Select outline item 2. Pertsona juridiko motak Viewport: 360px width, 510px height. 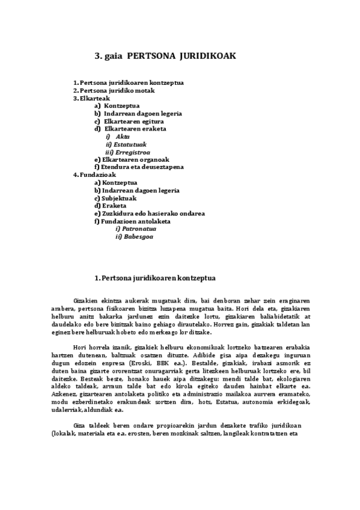(114, 90)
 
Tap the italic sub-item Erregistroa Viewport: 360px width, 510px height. (132, 152)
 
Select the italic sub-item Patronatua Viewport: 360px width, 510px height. (136, 229)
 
